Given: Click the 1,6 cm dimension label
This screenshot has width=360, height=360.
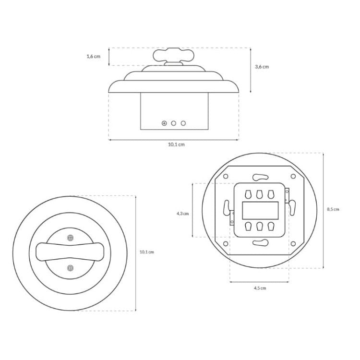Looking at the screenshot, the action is [x=94, y=56].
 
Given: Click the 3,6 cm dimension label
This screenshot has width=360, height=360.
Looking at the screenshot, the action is [x=262, y=67].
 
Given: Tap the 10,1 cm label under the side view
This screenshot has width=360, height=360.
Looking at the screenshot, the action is [x=176, y=144].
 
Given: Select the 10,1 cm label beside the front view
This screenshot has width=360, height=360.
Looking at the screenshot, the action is [x=147, y=252].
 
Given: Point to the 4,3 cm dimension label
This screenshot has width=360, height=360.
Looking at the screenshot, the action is [x=182, y=214].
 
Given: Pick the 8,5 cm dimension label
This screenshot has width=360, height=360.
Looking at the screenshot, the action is [x=333, y=209].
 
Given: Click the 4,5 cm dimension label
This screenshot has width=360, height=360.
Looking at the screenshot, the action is [x=260, y=288].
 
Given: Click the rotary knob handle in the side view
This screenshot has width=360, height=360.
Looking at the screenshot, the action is [x=174, y=55].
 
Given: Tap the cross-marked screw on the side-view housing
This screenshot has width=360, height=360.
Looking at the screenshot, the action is [x=164, y=123].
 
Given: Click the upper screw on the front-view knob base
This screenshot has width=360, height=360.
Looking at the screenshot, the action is [x=71, y=238].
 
